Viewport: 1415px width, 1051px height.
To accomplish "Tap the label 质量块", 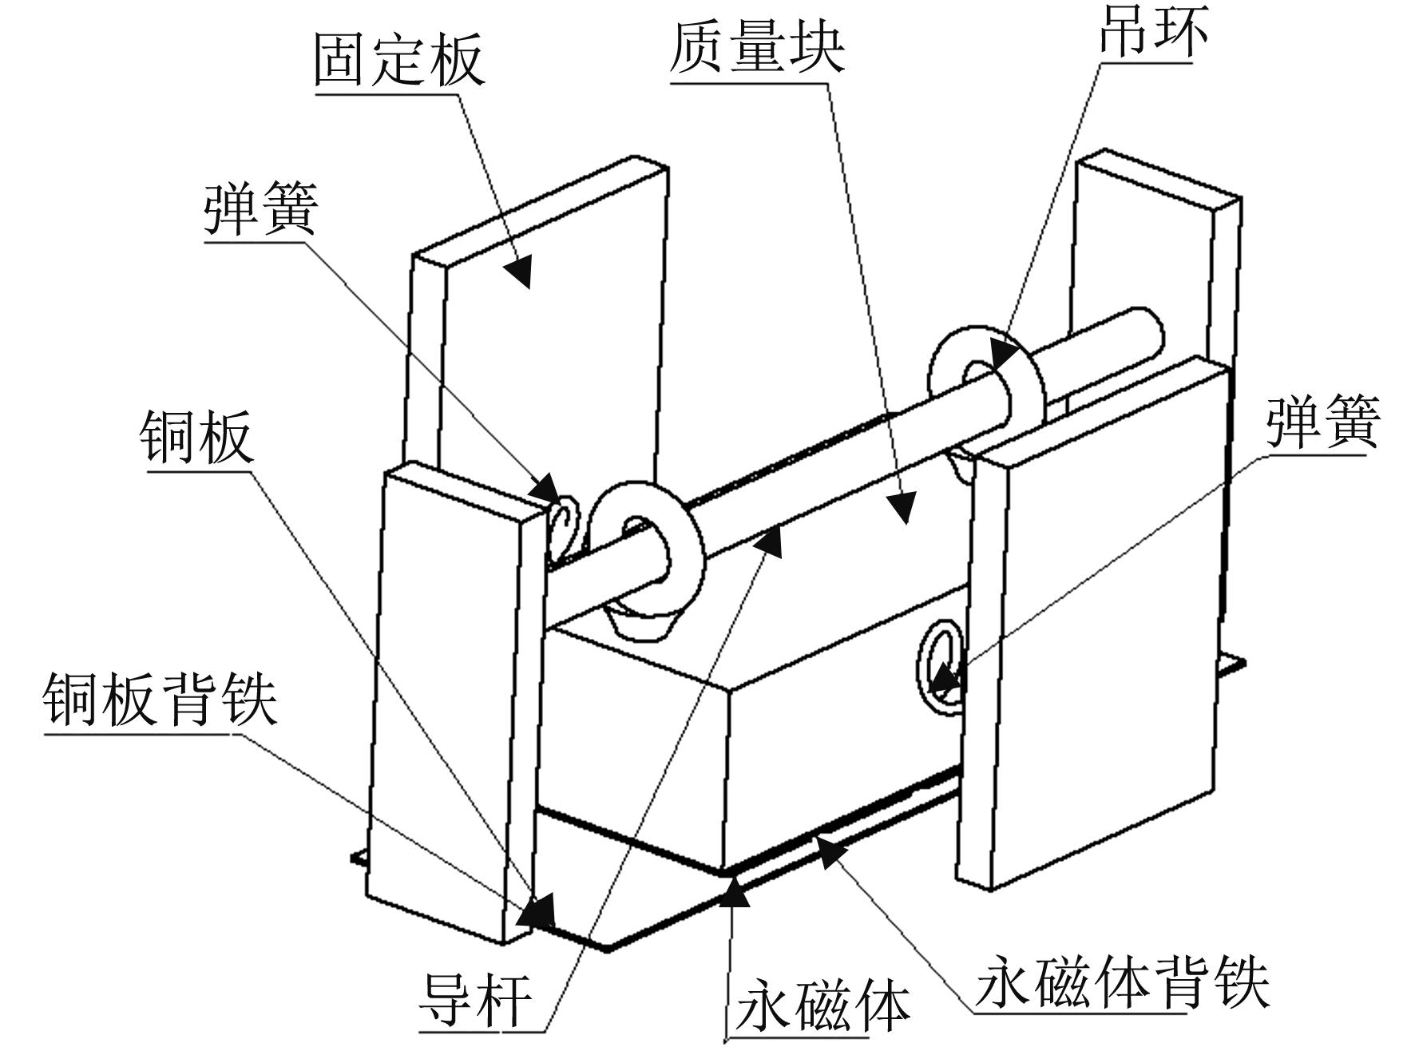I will (756, 46).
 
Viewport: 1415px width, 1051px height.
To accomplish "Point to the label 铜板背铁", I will (160, 699).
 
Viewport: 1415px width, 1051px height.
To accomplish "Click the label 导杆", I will (475, 999).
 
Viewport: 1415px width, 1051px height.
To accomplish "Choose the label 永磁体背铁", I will (1121, 981).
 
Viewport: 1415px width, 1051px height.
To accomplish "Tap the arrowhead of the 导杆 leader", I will (768, 543).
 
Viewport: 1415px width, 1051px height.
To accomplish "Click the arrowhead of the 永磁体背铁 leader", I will (830, 851).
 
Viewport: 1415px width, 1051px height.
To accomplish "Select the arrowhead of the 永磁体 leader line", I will (735, 891).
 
